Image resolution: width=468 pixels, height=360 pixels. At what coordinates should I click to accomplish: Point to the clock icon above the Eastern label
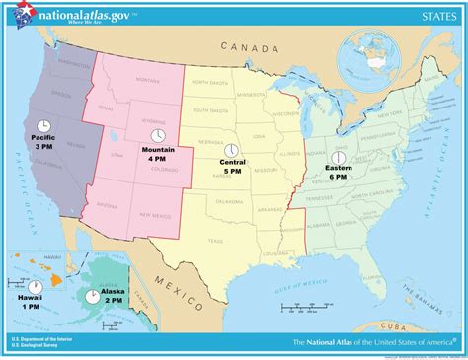[x=336, y=157]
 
